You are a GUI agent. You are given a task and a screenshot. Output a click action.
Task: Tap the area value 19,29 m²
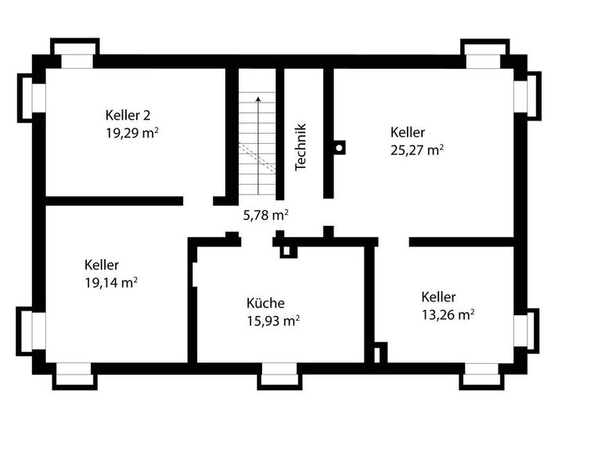pyautogui.click(x=132, y=133)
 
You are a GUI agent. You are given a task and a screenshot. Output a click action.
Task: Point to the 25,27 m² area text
pyautogui.click(x=416, y=149)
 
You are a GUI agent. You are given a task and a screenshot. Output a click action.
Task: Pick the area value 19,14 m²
pyautogui.click(x=111, y=282)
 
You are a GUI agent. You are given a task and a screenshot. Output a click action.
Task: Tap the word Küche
pyautogui.click(x=265, y=304)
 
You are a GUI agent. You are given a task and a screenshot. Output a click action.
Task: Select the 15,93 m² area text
pyautogui.click(x=273, y=321)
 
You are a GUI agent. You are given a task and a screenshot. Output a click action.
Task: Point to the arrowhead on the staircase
pyautogui.click(x=258, y=99)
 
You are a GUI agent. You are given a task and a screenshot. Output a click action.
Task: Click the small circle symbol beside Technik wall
pyautogui.click(x=339, y=146)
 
